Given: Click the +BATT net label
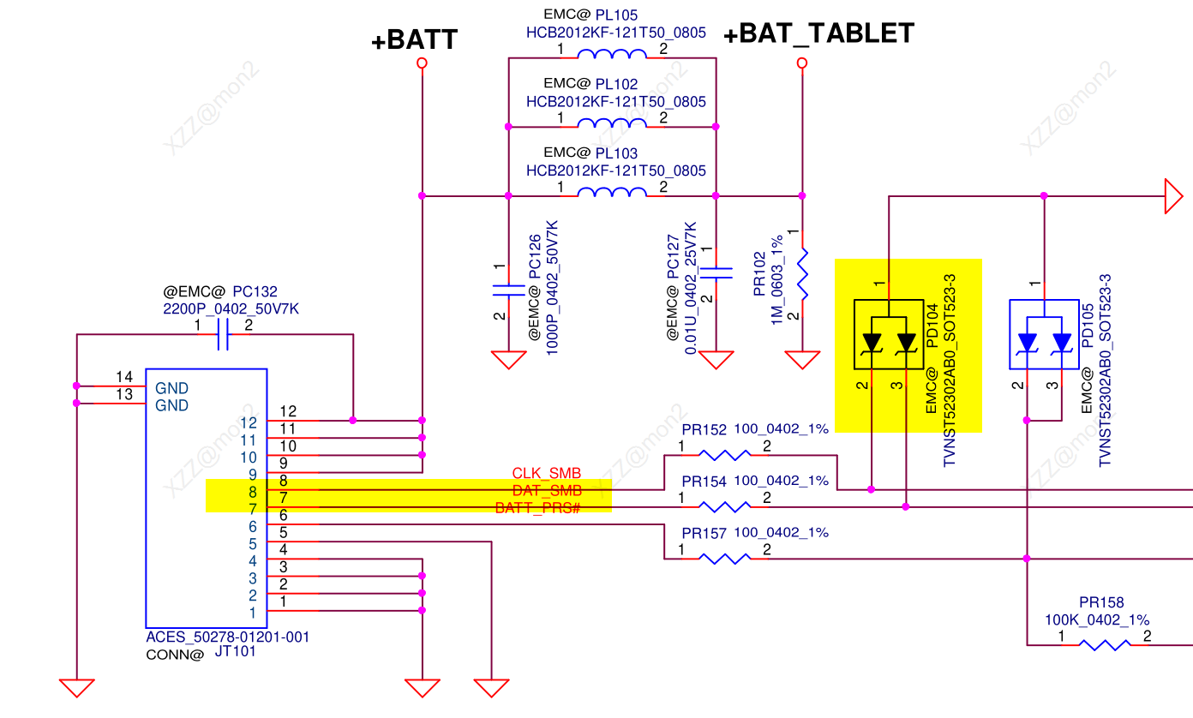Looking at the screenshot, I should coord(414,40).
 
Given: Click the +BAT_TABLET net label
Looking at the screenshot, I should coord(818,33).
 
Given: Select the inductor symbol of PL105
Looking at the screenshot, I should coord(612,56).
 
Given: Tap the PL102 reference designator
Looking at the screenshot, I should coord(616,84).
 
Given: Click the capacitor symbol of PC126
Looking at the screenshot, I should coord(508,290).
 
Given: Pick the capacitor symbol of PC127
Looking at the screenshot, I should coord(716,272).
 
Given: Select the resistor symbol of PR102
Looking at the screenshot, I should coord(803,274).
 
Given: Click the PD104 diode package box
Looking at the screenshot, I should coord(889,334).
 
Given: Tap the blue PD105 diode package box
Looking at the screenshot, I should coord(1044,334).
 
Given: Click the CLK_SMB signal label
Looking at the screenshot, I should coord(547,474).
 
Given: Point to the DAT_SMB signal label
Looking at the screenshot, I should coord(547,491).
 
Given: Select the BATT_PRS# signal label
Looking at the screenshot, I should coord(538,508).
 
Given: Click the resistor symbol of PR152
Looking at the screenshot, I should coord(724,455).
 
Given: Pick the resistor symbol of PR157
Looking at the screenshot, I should coord(724,558).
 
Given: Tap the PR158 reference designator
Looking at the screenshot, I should coord(1101,602).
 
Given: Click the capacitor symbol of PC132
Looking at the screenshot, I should coord(223,334).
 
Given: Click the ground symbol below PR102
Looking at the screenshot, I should coord(803,359).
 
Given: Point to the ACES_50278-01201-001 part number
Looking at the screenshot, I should coord(228,637).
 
